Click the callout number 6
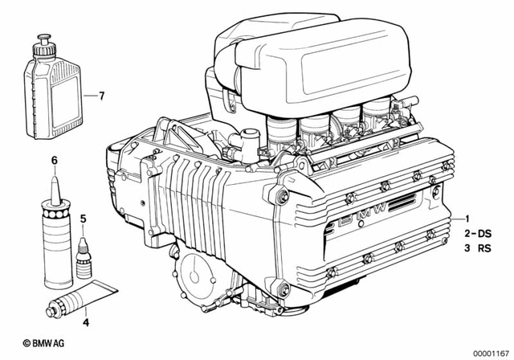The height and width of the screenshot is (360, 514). tap(55, 161)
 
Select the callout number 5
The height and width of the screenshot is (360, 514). tap(83, 218)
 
